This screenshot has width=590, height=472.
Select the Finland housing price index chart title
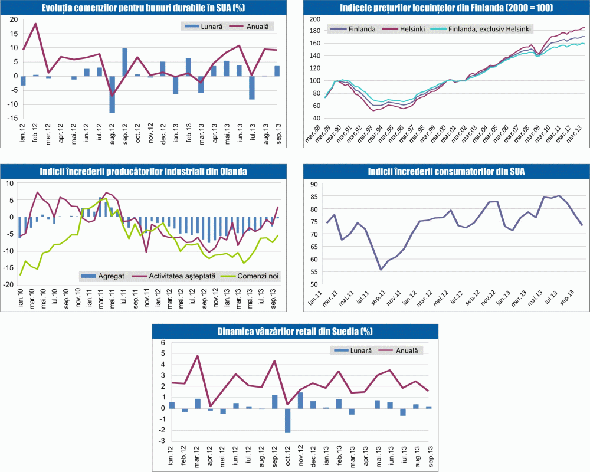[442, 8]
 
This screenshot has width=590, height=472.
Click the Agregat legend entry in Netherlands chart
[106, 276]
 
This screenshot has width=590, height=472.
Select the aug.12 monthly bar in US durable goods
[112, 94]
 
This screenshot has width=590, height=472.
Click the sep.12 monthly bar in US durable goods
[124, 62]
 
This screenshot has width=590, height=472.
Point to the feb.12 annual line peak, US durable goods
[35, 24]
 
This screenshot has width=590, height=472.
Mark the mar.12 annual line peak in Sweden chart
[198, 356]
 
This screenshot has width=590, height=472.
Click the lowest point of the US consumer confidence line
[381, 270]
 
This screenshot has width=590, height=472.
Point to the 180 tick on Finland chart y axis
[316, 31]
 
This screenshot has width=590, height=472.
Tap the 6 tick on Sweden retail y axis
[164, 343]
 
